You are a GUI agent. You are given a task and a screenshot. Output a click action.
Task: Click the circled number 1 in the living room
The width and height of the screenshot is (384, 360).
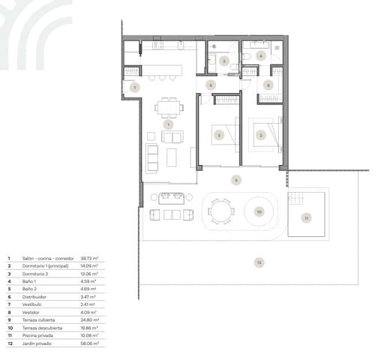[167, 124]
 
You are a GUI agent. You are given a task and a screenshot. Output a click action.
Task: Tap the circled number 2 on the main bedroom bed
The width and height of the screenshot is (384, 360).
[260, 135]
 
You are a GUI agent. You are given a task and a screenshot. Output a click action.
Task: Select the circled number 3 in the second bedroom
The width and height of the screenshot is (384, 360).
[219, 135]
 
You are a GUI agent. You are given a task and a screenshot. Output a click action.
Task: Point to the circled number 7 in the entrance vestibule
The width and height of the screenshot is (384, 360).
[133, 88]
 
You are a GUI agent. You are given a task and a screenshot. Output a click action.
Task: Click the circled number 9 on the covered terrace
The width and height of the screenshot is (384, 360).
[235, 180]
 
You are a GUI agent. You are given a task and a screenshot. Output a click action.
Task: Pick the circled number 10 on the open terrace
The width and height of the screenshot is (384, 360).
[259, 212]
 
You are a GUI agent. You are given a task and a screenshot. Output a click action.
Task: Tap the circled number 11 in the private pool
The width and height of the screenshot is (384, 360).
[306, 218]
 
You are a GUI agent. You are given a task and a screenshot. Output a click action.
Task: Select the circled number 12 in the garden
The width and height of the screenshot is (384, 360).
[259, 262]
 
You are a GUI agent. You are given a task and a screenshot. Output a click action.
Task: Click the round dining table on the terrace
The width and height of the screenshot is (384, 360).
[220, 211]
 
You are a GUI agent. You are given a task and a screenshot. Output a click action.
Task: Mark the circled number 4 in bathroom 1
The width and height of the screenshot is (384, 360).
[261, 55]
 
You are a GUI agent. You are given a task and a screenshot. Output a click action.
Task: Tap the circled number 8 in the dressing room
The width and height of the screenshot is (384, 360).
[269, 85]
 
